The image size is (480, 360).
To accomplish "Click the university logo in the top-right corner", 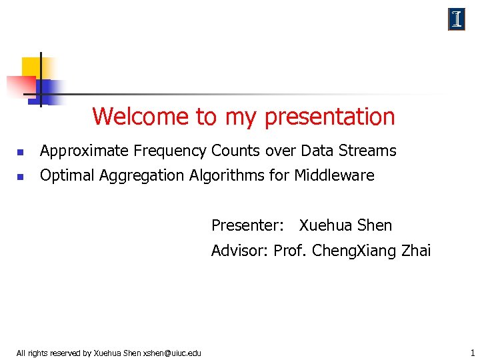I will (x=457, y=20).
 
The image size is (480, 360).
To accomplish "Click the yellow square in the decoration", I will (x=32, y=67).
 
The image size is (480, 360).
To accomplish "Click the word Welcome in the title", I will (x=141, y=117).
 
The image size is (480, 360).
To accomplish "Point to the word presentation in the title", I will (x=329, y=117).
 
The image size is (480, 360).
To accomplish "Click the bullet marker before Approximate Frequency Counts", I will (x=20, y=153).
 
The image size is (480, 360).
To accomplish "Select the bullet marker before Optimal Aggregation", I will (x=20, y=177).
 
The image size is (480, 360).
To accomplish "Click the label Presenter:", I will (x=248, y=226).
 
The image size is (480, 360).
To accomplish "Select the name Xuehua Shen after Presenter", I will (x=345, y=226).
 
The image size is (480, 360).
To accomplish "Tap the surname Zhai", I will (x=415, y=251).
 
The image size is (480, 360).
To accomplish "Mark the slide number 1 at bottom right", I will (x=472, y=352).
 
